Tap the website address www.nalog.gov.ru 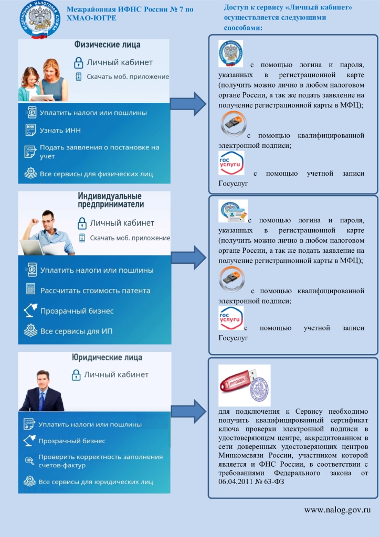tap(337, 509)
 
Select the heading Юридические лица tap(107, 358)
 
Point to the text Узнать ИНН tap(60, 130)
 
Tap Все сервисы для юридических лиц tap(97, 481)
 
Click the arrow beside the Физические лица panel tap(189, 103)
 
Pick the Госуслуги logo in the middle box tap(231, 318)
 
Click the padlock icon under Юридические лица tap(76, 375)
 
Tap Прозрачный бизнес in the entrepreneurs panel tap(77, 311)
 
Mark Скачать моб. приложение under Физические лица tap(129, 77)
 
